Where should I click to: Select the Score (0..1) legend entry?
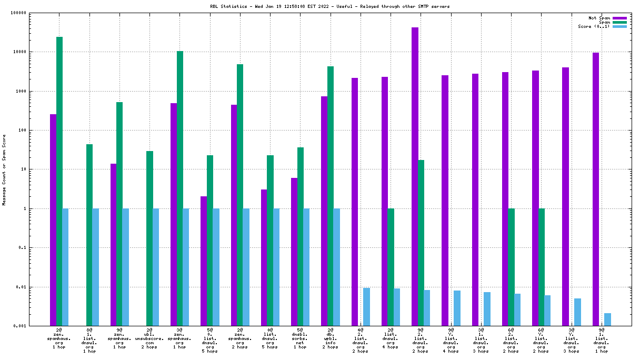point(594,26)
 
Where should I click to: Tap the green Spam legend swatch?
point(619,22)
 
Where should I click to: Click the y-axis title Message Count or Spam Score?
point(4,169)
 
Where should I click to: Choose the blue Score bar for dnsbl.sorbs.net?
point(306,267)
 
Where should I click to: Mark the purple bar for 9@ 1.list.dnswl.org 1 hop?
point(596,189)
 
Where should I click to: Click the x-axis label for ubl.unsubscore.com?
point(149,340)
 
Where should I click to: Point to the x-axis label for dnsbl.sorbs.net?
point(300,340)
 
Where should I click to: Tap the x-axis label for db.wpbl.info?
point(330,340)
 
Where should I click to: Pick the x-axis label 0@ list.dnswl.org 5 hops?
point(270,340)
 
